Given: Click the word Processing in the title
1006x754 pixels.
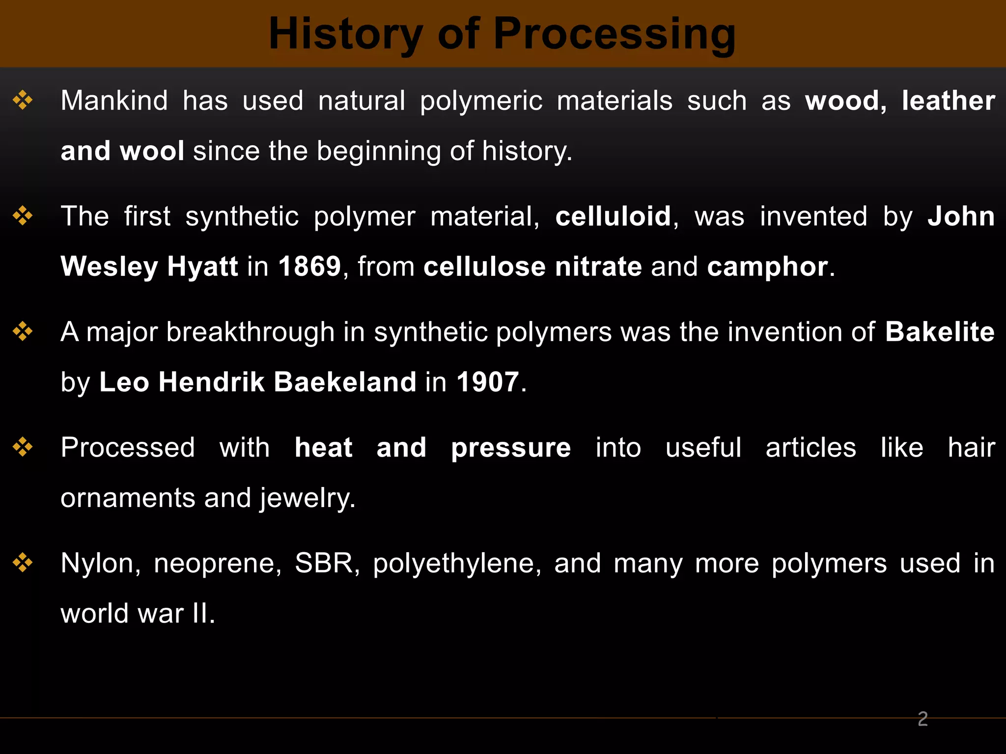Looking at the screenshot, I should coord(615,33).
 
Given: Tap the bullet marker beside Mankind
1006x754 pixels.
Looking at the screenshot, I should coord(23,100).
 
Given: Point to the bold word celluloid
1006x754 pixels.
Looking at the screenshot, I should coord(613,216).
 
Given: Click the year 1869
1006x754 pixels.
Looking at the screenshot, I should coord(309,267).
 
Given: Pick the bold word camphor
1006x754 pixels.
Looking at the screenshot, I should coord(768,267).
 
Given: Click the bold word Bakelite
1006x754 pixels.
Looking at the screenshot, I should coord(940,332).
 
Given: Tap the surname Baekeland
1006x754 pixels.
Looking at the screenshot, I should coord(345,382).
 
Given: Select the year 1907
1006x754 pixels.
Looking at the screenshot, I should coord(488,382).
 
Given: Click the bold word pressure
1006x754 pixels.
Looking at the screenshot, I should coord(511,448).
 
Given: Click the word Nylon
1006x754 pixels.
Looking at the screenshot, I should coord(97,564).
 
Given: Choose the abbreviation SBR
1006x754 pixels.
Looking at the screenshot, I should coord(324,564).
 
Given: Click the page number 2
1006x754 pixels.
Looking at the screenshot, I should coord(922,719).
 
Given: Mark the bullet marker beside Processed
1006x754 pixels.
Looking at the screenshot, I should coord(23,447).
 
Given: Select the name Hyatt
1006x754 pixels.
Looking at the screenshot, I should coord(202,267).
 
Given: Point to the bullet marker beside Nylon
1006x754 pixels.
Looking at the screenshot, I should coord(23,563).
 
